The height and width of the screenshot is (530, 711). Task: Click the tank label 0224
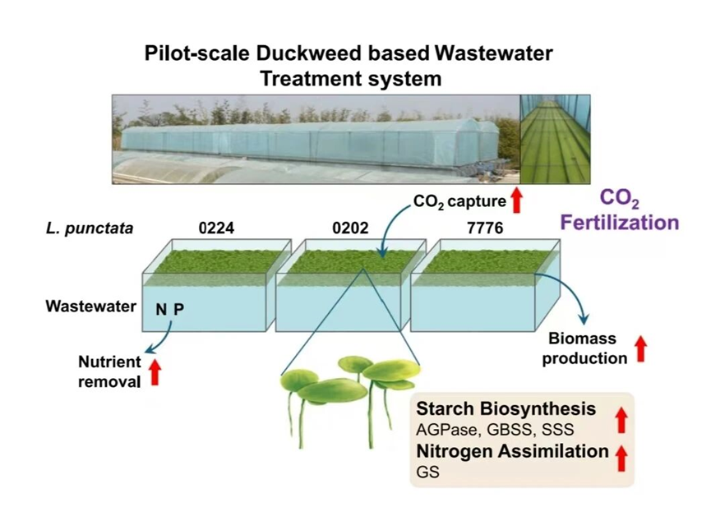[216, 228]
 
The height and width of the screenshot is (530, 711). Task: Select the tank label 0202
[350, 228]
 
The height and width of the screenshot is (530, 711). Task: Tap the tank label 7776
[485, 228]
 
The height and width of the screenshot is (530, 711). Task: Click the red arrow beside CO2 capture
[517, 200]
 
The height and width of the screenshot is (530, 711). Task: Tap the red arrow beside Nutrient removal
[155, 371]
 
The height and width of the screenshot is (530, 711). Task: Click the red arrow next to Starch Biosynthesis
[621, 420]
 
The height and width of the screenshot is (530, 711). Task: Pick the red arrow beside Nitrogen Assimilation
[621, 457]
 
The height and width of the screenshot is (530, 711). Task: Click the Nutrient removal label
[109, 371]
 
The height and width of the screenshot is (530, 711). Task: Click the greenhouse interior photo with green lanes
[556, 138]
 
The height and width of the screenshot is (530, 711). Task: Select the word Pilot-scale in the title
[195, 54]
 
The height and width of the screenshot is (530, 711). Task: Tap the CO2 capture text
[459, 199]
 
